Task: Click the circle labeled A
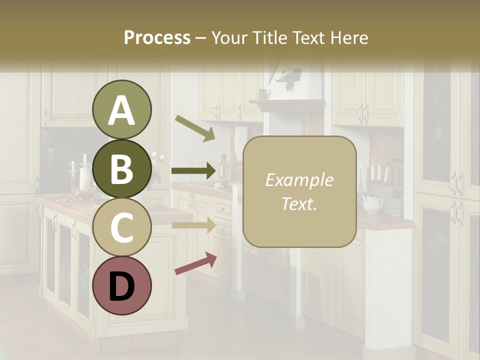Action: [x=121, y=109]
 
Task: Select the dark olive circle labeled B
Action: [x=121, y=168]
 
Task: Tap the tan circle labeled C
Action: [x=121, y=227]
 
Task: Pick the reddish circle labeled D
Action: [x=121, y=285]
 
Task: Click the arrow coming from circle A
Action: [x=194, y=128]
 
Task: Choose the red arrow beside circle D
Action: [x=195, y=263]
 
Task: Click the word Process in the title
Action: [x=157, y=37]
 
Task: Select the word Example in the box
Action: [x=299, y=180]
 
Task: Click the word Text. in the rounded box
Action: [x=299, y=203]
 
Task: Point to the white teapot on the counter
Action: [x=372, y=203]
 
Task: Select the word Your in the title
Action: [x=228, y=37]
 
